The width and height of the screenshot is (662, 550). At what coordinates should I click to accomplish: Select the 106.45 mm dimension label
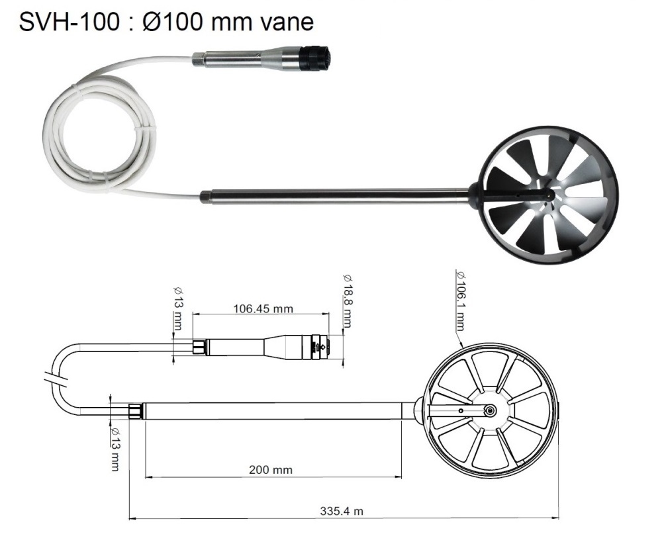[x=263, y=308]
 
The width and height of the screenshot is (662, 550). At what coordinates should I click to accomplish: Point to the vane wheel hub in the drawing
[x=489, y=411]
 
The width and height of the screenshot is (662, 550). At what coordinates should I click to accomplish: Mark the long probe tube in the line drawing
[x=271, y=411]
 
